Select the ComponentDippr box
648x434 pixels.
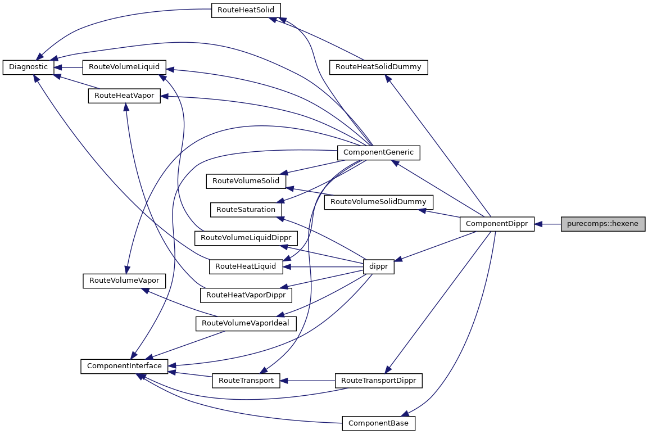pos(497,224)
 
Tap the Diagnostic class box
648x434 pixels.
pos(29,67)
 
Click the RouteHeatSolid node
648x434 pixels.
pos(246,10)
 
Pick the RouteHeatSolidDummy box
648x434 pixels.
pos(378,67)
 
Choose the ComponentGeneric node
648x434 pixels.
pos(378,152)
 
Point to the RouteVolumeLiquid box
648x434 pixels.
pos(124,67)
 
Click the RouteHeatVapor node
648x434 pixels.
pos(124,96)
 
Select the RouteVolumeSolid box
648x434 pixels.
pos(246,181)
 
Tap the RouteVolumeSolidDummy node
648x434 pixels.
pos(378,201)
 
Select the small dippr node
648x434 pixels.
pos(378,267)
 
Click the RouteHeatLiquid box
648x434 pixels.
pos(246,266)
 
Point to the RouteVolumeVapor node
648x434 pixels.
pos(124,281)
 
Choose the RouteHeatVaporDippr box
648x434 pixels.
pos(246,295)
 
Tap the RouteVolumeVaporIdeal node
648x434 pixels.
pos(246,323)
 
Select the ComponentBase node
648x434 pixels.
pos(378,423)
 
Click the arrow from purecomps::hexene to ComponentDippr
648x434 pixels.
pos(548,224)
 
